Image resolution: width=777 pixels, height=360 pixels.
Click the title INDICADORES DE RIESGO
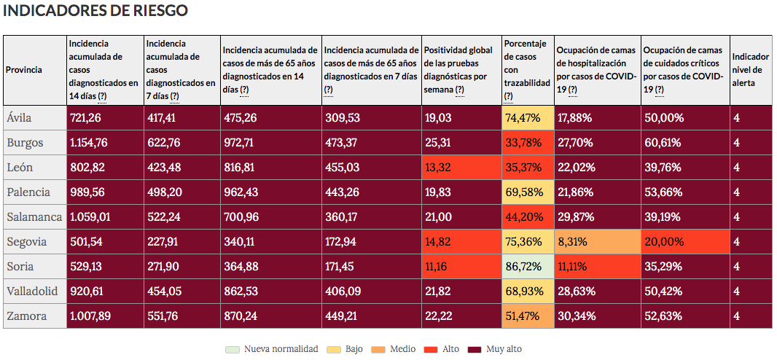tap(95, 11)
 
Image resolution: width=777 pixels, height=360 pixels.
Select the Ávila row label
tap(19, 118)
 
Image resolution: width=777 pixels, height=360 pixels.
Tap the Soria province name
tap(20, 267)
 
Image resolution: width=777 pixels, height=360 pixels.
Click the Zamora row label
tap(26, 316)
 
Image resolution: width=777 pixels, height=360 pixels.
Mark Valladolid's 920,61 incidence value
tap(87, 291)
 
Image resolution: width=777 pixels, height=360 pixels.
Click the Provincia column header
tap(24, 70)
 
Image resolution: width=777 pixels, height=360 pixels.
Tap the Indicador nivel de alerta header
tap(749, 70)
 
